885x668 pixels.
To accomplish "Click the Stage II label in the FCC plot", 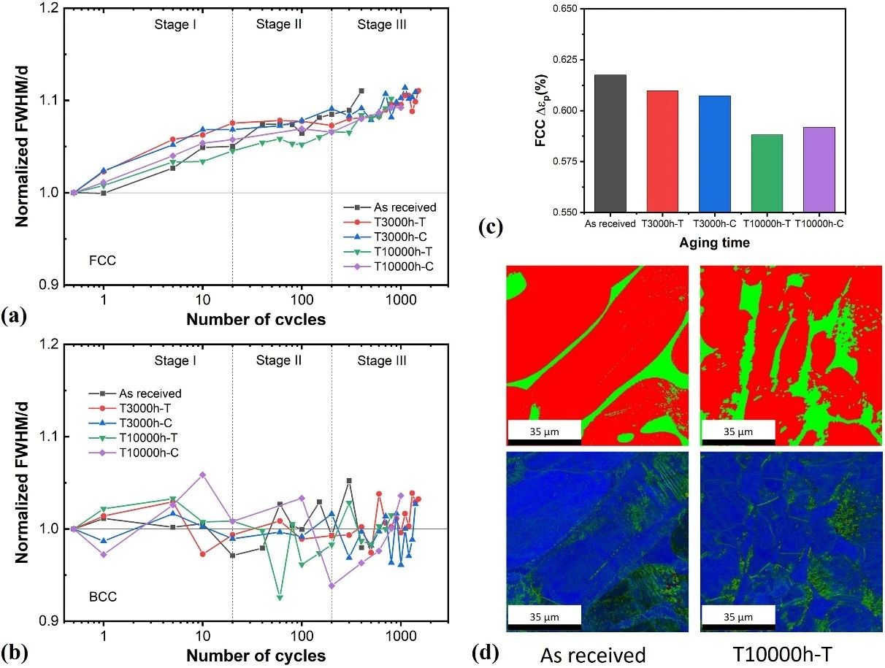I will [280, 25].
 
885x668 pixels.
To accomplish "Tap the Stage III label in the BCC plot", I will [382, 361].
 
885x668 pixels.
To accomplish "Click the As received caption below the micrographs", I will [593, 654].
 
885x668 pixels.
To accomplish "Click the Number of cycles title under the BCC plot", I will [256, 656].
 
